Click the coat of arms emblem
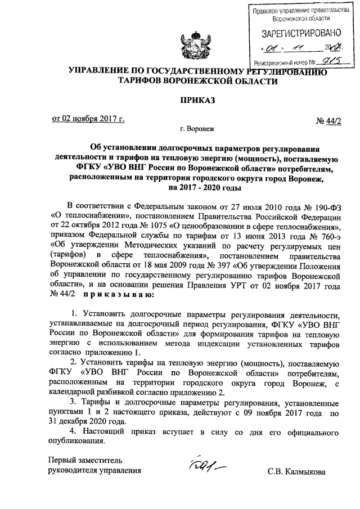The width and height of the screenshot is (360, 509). pyautogui.click(x=187, y=46)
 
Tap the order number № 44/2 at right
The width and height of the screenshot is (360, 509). pyautogui.click(x=325, y=119)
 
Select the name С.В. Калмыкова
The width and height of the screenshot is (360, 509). pyautogui.click(x=296, y=471)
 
